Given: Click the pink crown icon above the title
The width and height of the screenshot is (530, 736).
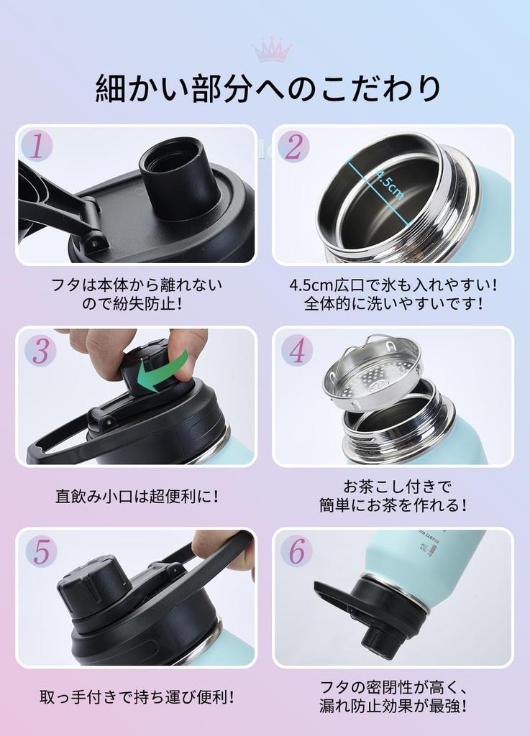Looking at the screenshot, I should [x=271, y=50].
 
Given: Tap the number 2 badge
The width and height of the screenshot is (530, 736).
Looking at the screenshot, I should [x=293, y=147].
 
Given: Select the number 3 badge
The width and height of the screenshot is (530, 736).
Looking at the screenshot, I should [x=40, y=350].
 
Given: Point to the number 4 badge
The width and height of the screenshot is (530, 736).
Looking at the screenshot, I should [x=296, y=350].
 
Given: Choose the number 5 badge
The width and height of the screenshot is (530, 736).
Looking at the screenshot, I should [x=41, y=551].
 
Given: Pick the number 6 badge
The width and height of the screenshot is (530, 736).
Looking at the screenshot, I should [x=296, y=551].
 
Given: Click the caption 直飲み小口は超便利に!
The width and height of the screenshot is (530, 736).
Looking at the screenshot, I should [x=137, y=496].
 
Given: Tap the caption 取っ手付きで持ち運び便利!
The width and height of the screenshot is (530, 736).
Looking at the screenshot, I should [x=137, y=696].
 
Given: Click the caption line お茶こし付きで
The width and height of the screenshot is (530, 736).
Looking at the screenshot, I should [x=393, y=487].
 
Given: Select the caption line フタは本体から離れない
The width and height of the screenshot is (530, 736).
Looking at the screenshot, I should [x=137, y=285].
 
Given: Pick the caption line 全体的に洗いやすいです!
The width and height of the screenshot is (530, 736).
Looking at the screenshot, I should [x=393, y=303].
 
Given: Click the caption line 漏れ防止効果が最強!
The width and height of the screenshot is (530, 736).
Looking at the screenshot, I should [x=393, y=706].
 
